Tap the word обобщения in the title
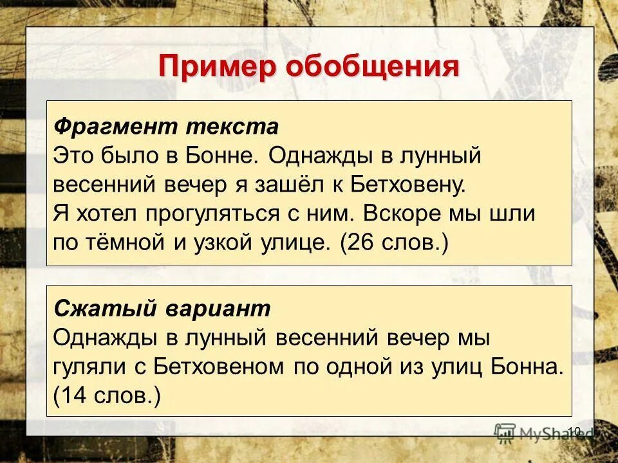(x=371, y=66)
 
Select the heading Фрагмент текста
(x=165, y=126)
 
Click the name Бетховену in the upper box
(x=407, y=185)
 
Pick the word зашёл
(x=289, y=185)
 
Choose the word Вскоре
(x=398, y=213)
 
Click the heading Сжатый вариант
(x=162, y=309)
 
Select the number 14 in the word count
(x=76, y=395)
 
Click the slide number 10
(x=575, y=430)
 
